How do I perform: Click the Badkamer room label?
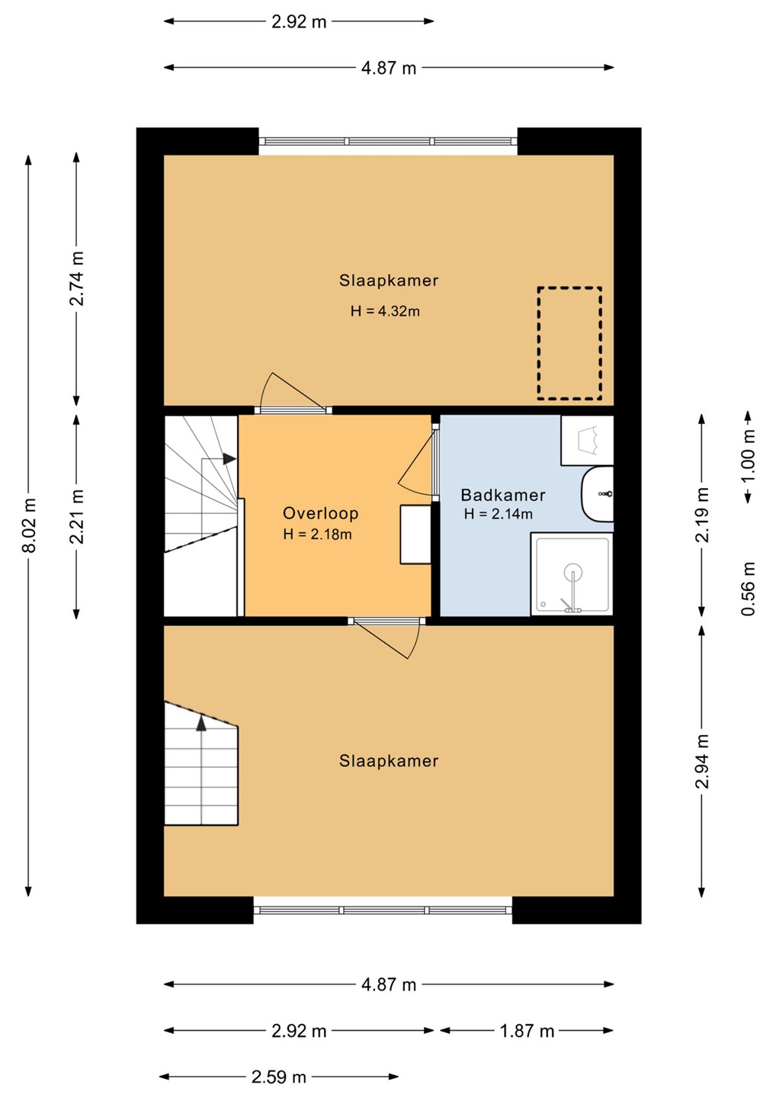coord(502,495)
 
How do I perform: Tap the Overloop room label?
coord(320,513)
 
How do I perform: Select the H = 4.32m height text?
coord(385,311)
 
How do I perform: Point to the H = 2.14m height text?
coord(499,514)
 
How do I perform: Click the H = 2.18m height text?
coord(317,535)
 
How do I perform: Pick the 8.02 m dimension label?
coord(29,525)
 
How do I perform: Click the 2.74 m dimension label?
coord(76,278)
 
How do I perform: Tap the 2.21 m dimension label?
coord(76,517)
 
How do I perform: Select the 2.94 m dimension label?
coord(702,761)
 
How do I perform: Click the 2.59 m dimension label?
coord(279,1077)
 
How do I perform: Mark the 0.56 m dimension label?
coord(749,588)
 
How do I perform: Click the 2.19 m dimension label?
coord(702,515)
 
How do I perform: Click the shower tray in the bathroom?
coord(572,574)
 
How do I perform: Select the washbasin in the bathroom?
coord(597,494)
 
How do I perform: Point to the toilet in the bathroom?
coord(587,440)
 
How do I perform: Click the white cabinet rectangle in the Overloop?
coord(415,535)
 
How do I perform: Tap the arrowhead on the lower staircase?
coord(201,724)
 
